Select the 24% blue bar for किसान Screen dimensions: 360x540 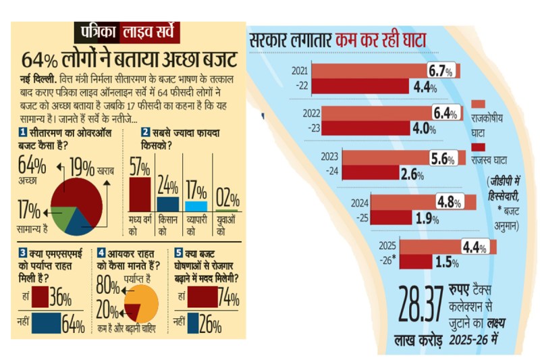pos(167,203)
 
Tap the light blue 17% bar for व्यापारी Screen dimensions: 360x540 pos(196,206)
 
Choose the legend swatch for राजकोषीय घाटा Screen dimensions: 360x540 pos(477,104)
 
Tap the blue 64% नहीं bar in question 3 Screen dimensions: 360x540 pos(46,322)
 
